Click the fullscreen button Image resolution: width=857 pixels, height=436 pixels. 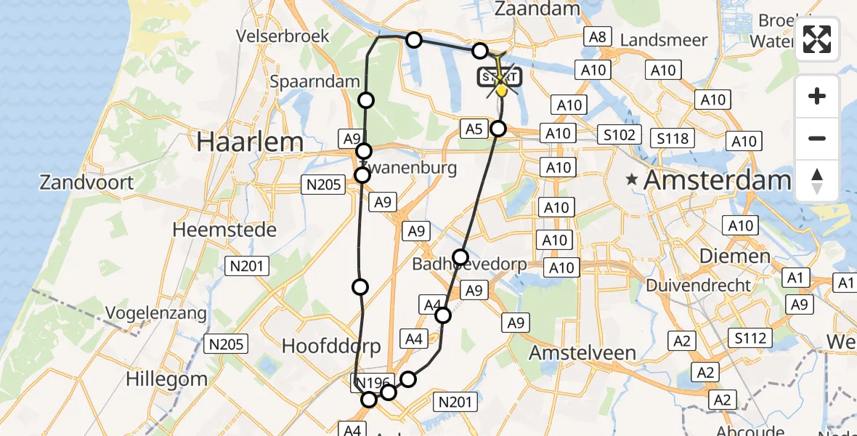(817, 39)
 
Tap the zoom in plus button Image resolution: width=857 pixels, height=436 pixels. (817, 96)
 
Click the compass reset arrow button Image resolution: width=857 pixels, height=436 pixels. (817, 180)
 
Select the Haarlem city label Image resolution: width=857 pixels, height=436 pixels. (249, 142)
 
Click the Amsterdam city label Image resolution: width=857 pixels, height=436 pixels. (717, 179)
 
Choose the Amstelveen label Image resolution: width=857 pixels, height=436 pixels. (582, 352)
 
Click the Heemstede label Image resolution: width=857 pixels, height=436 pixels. (224, 230)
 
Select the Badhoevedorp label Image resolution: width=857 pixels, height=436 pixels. (469, 265)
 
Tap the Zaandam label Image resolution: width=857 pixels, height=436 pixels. (547, 9)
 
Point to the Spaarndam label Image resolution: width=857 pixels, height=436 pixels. (315, 81)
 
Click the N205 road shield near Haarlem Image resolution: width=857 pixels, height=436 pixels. (324, 185)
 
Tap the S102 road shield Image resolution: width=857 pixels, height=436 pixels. (619, 134)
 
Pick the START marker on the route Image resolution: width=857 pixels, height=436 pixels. (498, 78)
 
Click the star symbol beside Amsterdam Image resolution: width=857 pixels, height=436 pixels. (633, 179)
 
